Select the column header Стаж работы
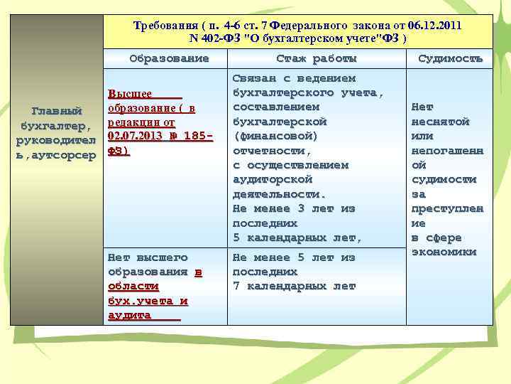[316, 58]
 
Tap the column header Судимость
[450, 58]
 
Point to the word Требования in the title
[164, 26]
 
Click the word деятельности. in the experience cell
[279, 193]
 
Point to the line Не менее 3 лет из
[294, 208]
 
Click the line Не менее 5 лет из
[294, 257]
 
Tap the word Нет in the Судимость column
[422, 107]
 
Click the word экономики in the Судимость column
[444, 252]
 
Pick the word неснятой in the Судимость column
[440, 122]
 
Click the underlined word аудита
[128, 315]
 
